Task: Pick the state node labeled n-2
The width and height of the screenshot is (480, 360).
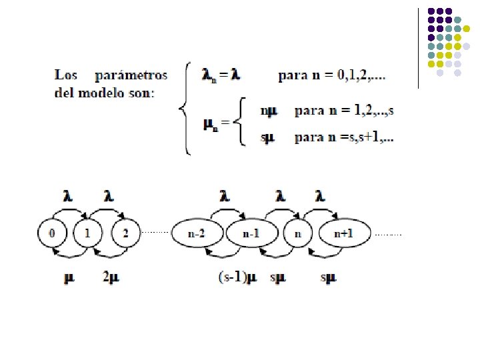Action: [197, 234]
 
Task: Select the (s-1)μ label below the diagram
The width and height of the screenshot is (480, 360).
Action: [237, 276]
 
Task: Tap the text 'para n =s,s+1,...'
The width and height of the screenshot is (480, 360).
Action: [343, 139]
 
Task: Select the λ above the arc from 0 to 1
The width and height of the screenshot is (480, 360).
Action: [68, 196]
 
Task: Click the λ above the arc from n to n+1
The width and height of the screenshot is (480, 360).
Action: [321, 196]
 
